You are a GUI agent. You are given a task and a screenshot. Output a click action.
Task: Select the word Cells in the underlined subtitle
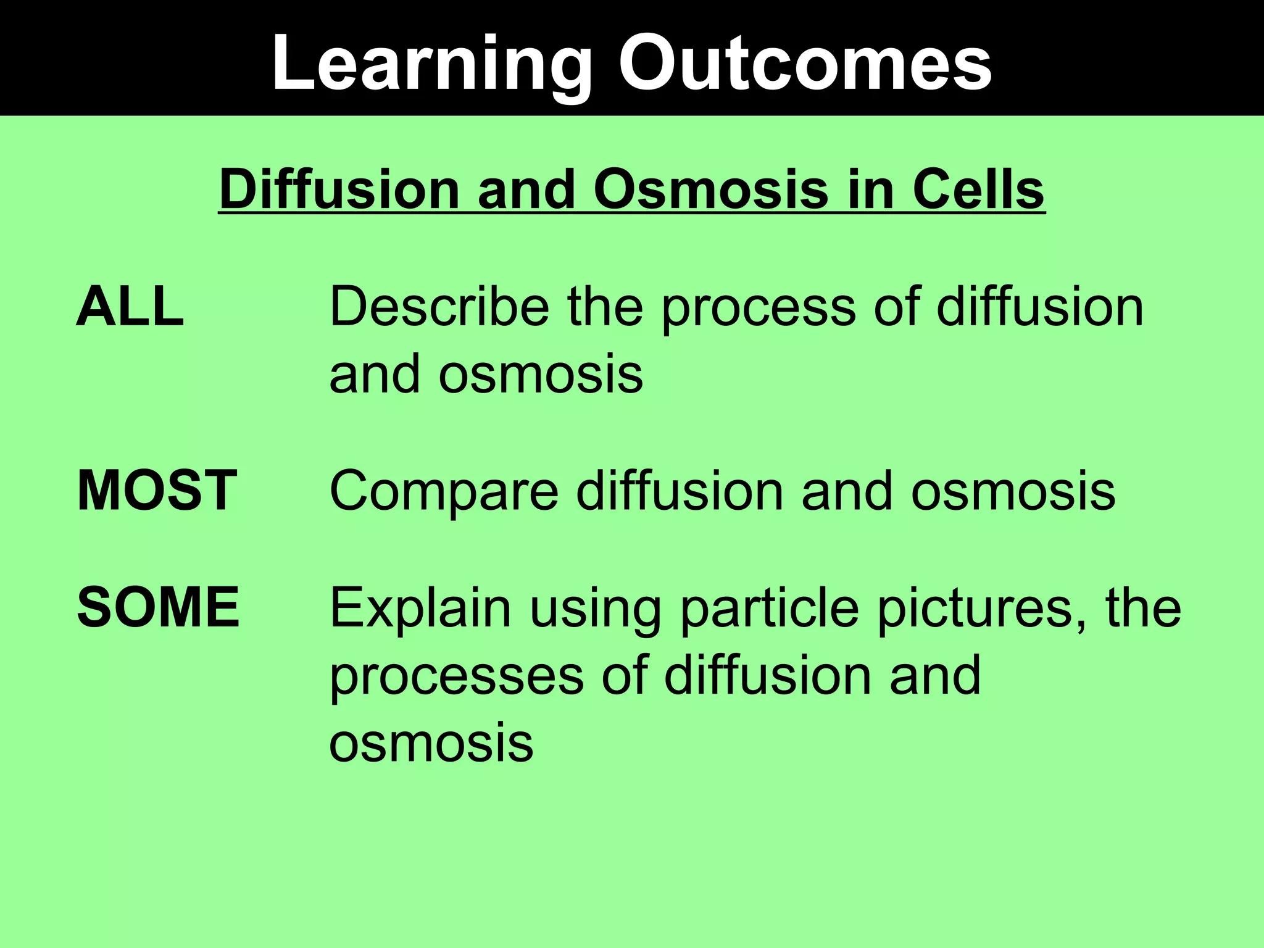pyautogui.click(x=978, y=189)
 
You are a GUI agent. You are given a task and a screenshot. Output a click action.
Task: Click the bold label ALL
pyautogui.click(x=130, y=307)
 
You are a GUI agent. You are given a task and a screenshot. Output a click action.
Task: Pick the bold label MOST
pyautogui.click(x=157, y=491)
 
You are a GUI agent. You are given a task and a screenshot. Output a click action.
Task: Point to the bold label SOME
pyautogui.click(x=158, y=607)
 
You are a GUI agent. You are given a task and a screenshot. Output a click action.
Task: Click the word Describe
pyautogui.click(x=439, y=307)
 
